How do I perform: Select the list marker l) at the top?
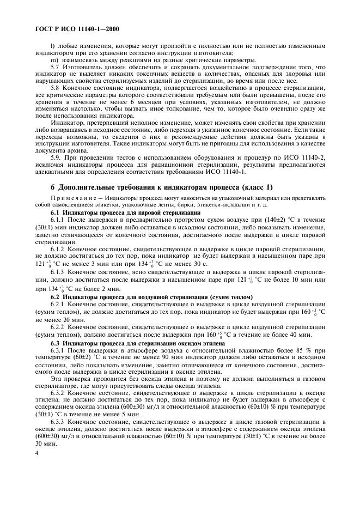52,45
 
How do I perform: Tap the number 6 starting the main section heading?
53,187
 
